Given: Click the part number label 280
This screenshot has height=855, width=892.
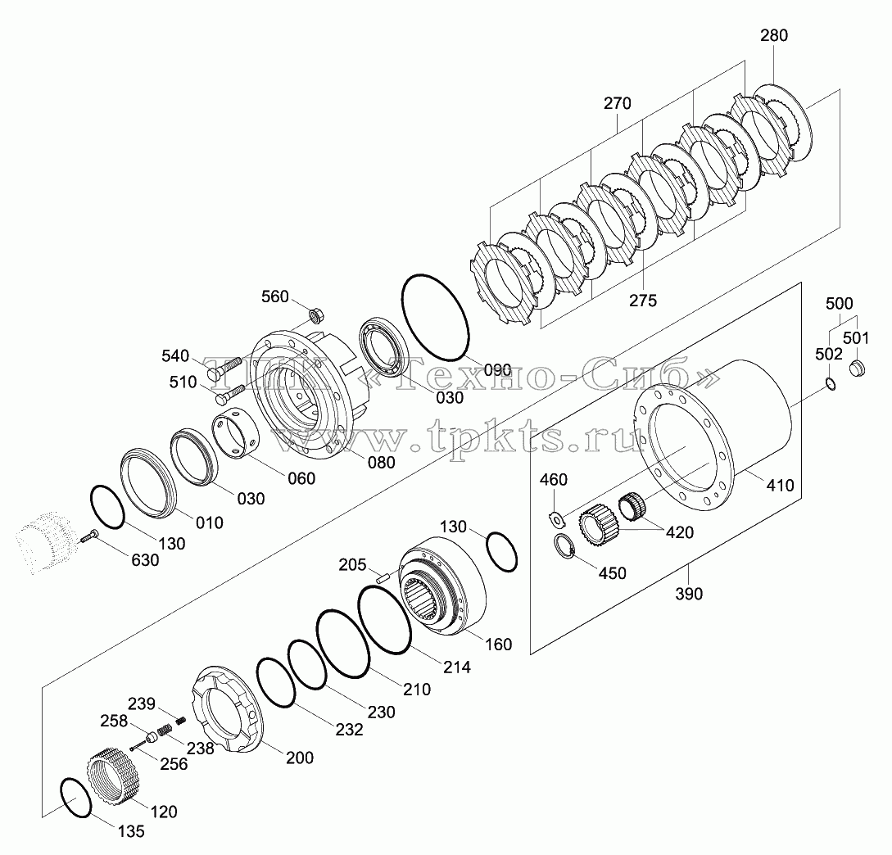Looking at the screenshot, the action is [774, 35].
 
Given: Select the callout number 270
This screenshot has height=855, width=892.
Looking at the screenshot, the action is [618, 103].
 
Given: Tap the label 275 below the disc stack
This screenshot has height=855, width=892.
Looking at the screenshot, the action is [643, 301].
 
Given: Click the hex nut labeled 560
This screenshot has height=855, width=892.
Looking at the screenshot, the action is [315, 314].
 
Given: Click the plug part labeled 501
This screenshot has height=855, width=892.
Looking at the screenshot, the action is [856, 368].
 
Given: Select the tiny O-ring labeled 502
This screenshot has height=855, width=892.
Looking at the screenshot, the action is [831, 384].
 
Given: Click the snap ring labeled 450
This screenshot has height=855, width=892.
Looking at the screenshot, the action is [564, 546].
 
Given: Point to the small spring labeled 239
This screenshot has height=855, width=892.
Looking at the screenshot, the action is [180, 720].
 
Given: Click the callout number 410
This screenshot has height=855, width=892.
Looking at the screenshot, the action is [779, 486].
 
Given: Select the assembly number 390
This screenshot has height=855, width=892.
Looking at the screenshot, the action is [689, 594].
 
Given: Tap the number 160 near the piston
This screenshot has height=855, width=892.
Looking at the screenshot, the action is [498, 645].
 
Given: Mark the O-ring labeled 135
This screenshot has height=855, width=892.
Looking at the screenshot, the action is [75, 798].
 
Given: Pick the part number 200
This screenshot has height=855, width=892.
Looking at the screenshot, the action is [300, 758].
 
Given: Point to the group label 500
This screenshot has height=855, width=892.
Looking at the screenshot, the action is [839, 304].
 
